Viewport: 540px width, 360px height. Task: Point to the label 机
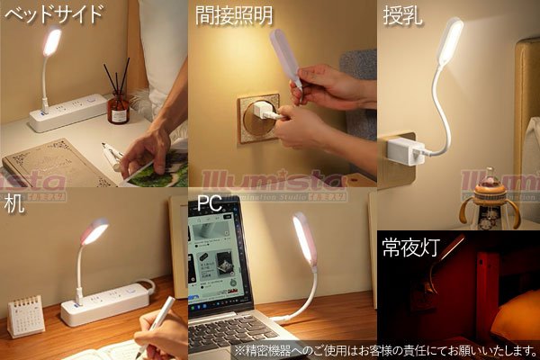tap(14, 202)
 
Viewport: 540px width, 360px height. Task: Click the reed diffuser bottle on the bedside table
tap(119, 106)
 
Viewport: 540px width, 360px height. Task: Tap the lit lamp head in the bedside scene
tap(52, 41)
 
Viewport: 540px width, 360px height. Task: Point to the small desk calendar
tap(25, 315)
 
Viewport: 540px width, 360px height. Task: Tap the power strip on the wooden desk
tap(103, 304)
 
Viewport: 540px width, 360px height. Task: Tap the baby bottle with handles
tap(490, 202)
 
